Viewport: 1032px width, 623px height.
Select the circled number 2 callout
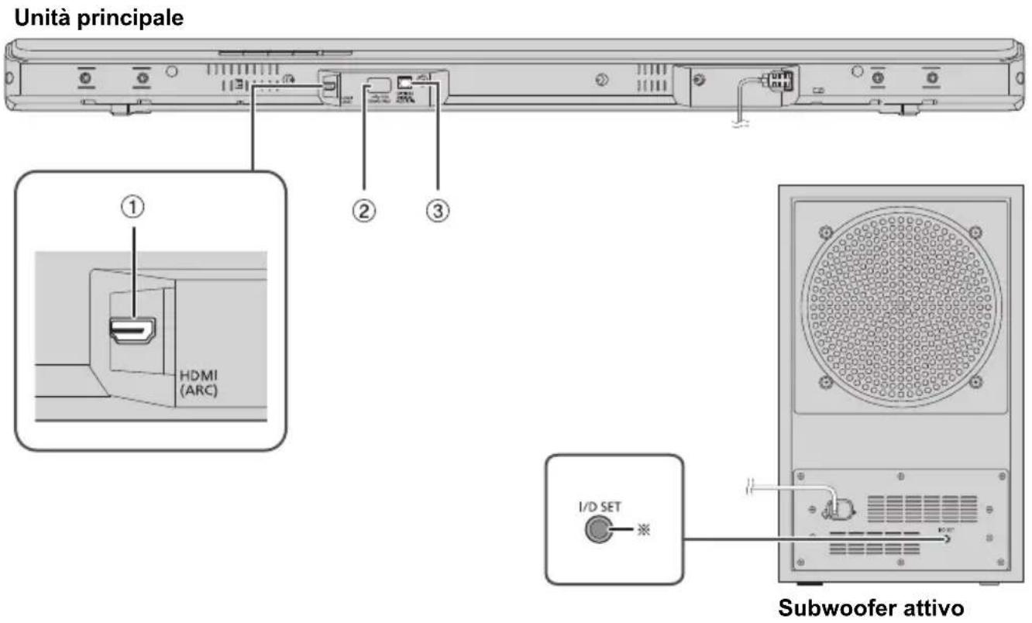coord(364,209)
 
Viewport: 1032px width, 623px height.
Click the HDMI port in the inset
coord(132,331)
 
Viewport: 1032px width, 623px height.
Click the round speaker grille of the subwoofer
coord(898,306)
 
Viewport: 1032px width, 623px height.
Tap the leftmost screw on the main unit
coord(85,77)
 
